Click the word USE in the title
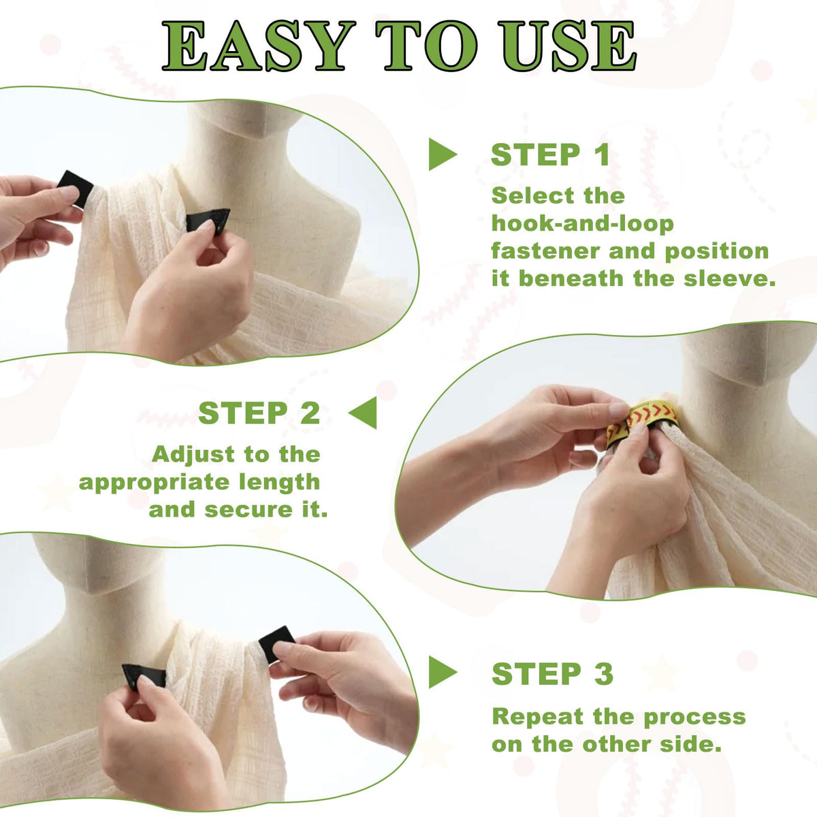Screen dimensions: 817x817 click(568, 46)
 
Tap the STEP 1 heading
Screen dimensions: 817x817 click(550, 155)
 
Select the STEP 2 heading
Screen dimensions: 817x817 click(259, 413)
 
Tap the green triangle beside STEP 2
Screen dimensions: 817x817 click(363, 413)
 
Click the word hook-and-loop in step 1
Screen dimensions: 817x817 click(583, 223)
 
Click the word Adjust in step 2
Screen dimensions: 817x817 click(194, 455)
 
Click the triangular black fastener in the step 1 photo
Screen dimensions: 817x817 click(208, 220)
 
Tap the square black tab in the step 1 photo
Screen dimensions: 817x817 click(75, 189)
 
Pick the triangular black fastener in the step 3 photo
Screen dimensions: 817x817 click(144, 675)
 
